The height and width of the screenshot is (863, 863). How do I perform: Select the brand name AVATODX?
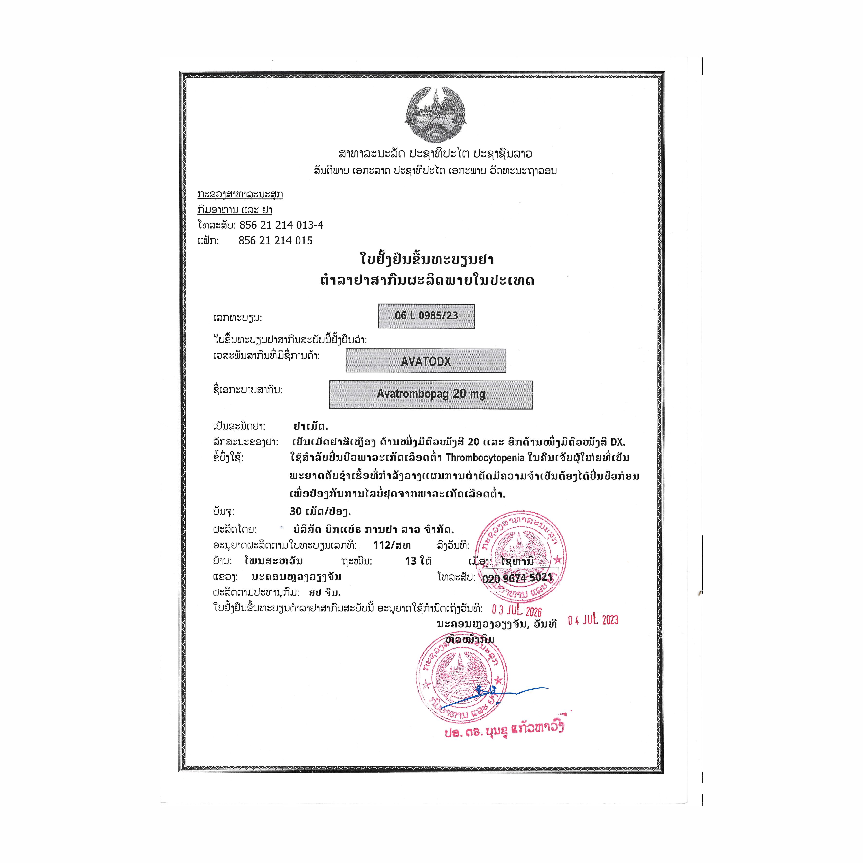426,361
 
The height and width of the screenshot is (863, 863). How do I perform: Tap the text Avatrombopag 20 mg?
431,394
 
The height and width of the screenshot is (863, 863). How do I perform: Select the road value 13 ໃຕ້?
418,561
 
